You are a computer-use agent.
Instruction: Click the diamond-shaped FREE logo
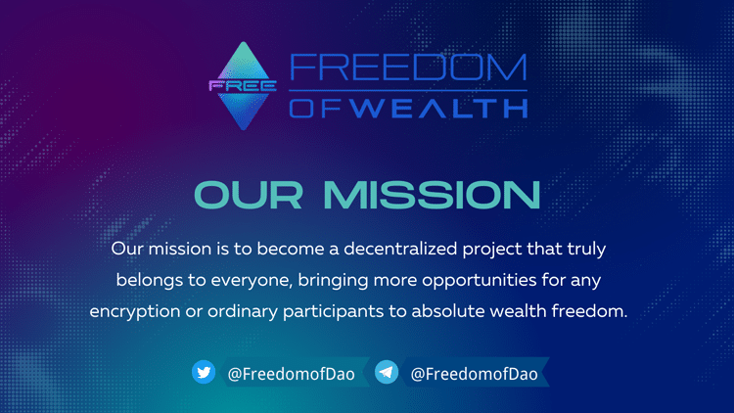point(243,86)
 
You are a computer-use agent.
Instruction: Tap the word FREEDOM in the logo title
point(408,67)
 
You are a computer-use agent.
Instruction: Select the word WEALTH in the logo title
point(439,109)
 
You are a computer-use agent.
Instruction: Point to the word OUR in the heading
point(249,195)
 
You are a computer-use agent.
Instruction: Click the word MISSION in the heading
point(432,195)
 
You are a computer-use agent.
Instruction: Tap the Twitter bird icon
point(204,372)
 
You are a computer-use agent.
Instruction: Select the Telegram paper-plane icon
point(387,372)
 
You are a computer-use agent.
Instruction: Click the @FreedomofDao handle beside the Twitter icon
point(292,374)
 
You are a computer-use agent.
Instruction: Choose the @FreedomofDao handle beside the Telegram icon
point(475,374)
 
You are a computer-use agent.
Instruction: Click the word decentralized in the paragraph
point(400,249)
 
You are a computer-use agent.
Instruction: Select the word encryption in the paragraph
point(135,312)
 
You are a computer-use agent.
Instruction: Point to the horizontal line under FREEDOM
point(408,90)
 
